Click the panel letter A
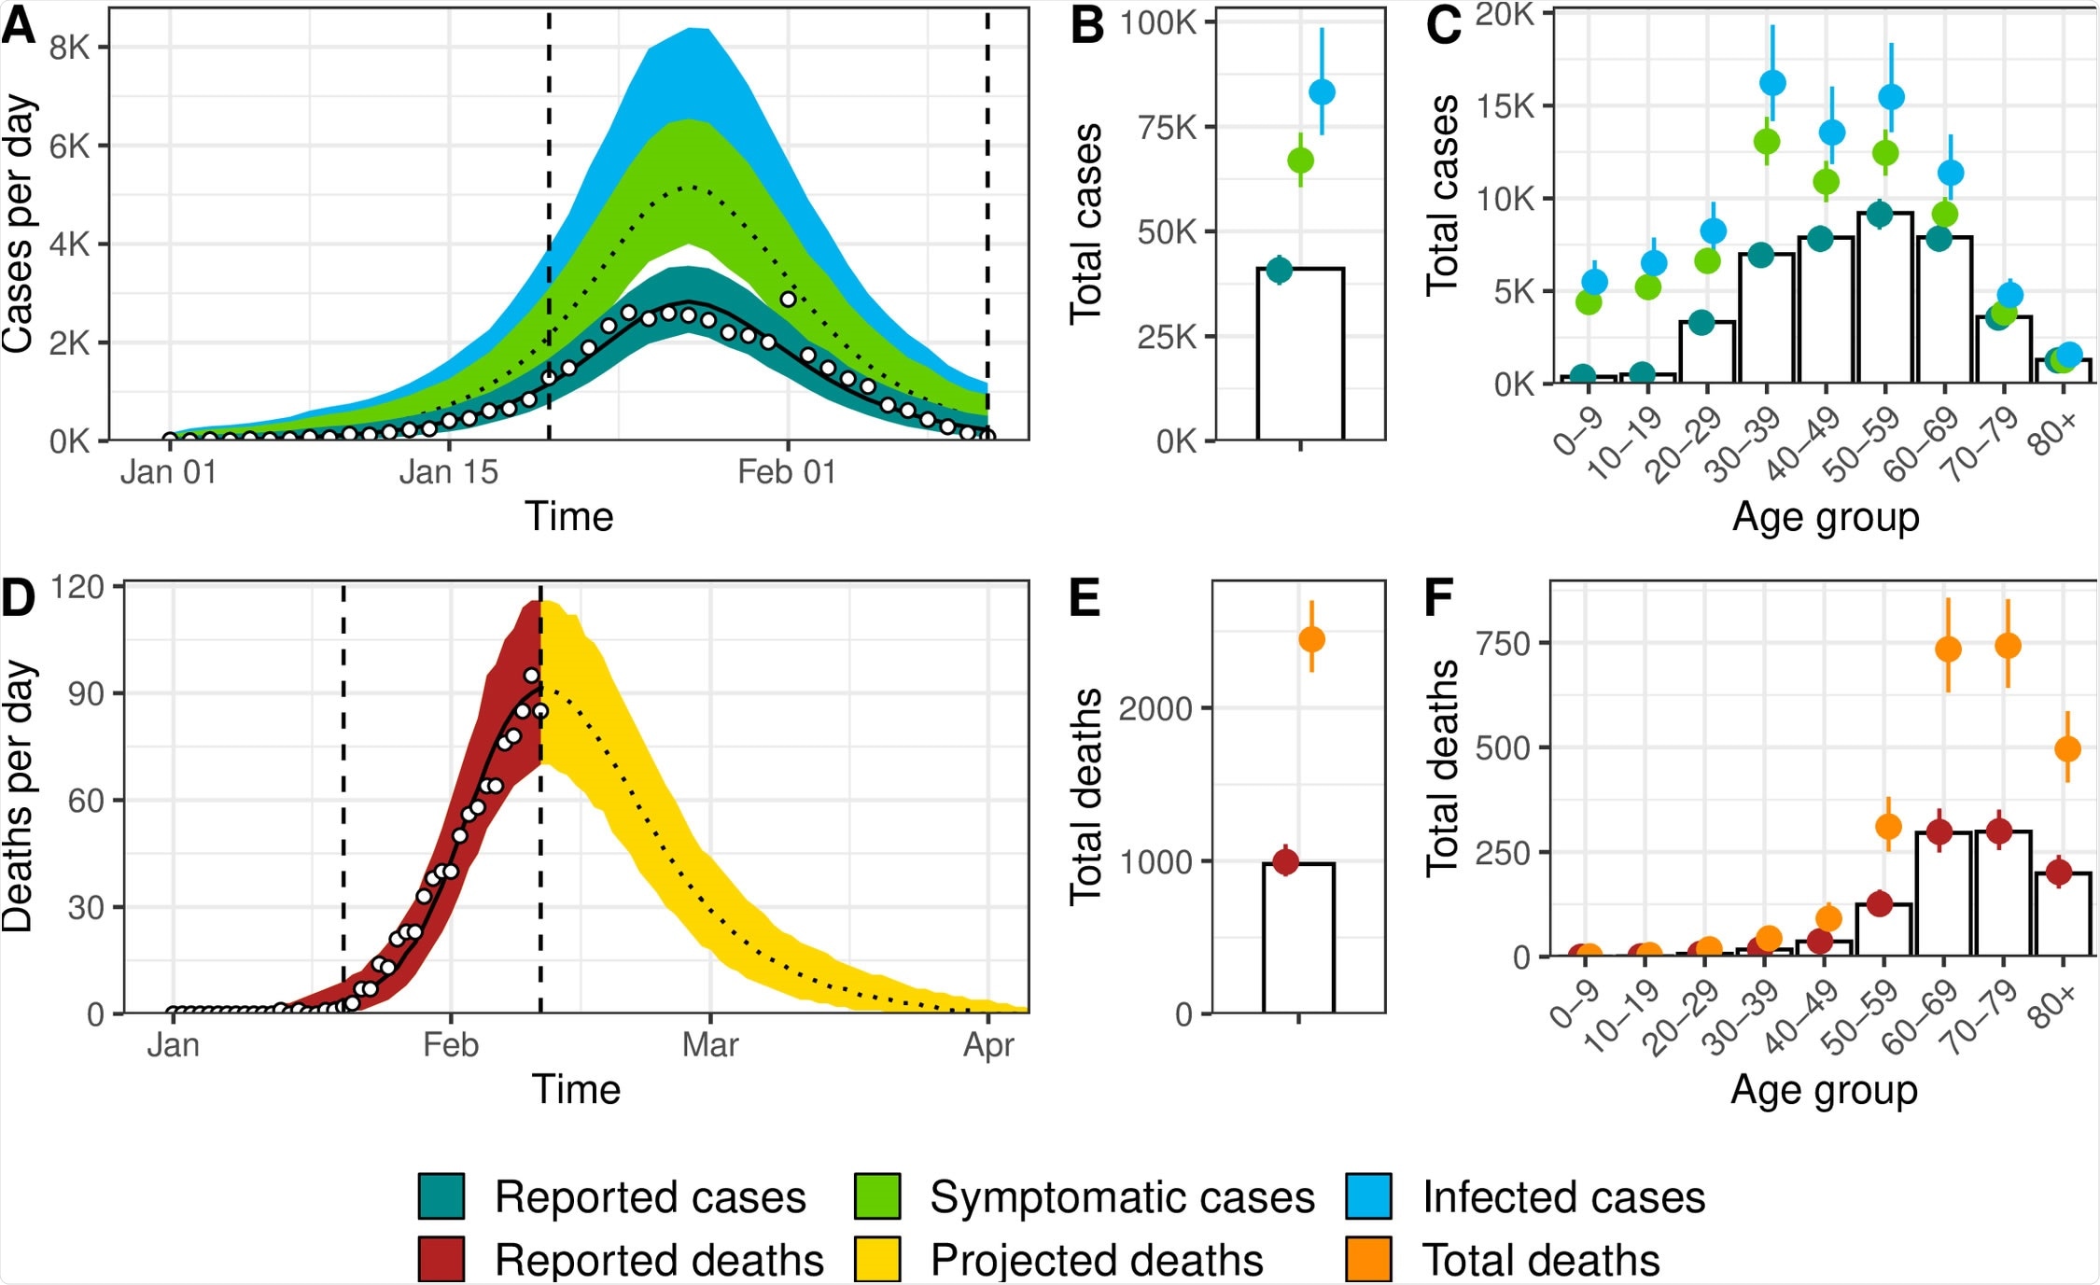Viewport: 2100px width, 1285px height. [x=19, y=26]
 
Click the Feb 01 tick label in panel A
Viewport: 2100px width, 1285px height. [x=786, y=472]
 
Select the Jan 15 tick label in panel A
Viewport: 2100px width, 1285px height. [x=448, y=472]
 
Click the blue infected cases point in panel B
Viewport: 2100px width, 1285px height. [x=1322, y=91]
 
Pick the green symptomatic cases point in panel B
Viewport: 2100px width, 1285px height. [x=1300, y=161]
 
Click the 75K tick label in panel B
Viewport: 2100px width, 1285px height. [x=1167, y=127]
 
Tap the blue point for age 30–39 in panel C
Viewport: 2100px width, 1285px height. [x=1772, y=83]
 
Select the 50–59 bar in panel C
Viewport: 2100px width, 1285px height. [x=1885, y=299]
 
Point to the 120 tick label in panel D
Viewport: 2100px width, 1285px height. [x=77, y=587]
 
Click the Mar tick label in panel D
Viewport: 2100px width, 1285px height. [x=709, y=1044]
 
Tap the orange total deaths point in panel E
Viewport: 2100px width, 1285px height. [x=1311, y=639]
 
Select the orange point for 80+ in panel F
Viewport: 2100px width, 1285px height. [x=2067, y=748]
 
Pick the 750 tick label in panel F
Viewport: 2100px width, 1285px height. [x=1503, y=643]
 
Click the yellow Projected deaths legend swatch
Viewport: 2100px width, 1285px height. [x=877, y=1259]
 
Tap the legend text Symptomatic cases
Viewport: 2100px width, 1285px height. [x=1122, y=1197]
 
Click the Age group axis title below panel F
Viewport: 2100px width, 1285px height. [x=1824, y=1089]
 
